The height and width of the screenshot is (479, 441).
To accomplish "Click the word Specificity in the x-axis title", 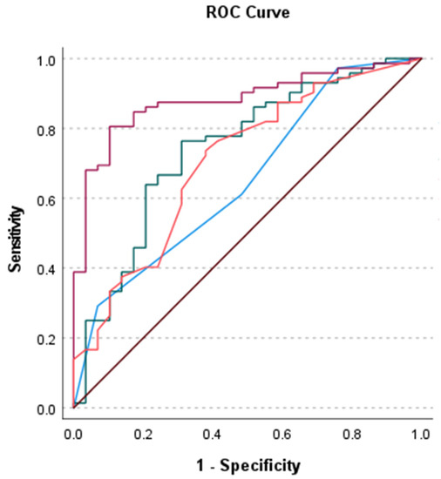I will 260,465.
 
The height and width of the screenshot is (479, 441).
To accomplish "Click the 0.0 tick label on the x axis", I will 74,431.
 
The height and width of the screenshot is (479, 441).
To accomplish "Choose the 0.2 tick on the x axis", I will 144,431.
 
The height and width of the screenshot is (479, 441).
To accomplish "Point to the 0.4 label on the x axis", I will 214,431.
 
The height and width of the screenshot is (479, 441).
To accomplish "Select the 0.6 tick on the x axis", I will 282,431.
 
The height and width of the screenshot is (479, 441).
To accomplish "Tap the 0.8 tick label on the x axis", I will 352,431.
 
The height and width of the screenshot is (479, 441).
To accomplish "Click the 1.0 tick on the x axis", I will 421,431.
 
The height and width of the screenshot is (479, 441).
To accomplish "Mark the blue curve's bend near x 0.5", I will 241,194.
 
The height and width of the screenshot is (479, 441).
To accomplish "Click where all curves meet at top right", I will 421,59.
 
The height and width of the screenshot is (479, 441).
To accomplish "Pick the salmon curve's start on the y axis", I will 74,358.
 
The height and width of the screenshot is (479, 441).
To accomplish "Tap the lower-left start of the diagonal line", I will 74,408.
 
